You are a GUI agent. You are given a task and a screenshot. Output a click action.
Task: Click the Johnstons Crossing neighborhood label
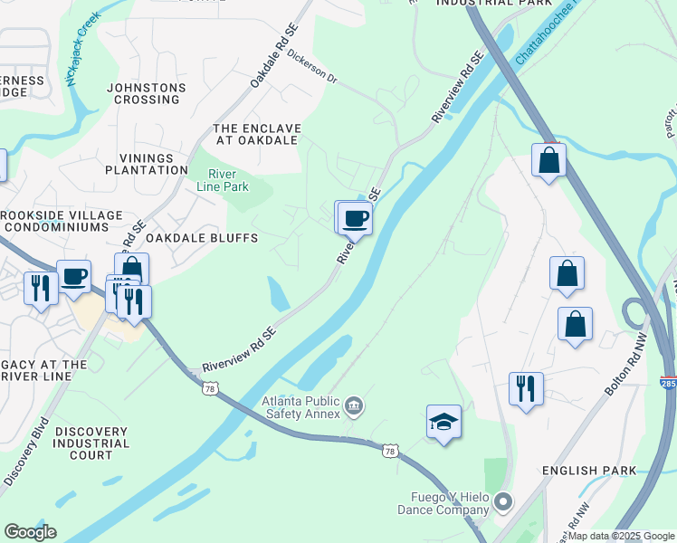(x=147, y=94)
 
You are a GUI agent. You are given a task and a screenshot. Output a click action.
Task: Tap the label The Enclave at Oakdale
(x=255, y=134)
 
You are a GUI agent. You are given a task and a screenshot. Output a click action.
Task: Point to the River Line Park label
(x=223, y=180)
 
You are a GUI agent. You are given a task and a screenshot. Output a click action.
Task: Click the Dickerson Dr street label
(x=312, y=68)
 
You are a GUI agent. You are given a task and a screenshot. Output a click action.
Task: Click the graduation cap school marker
(x=443, y=421)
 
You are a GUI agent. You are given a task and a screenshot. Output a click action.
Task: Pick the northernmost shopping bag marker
(x=548, y=161)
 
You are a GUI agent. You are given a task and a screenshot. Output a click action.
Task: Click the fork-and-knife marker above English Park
(x=526, y=388)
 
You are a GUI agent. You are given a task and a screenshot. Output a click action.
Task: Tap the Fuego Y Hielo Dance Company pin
(x=504, y=501)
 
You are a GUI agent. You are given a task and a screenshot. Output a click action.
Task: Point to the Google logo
(x=30, y=532)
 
